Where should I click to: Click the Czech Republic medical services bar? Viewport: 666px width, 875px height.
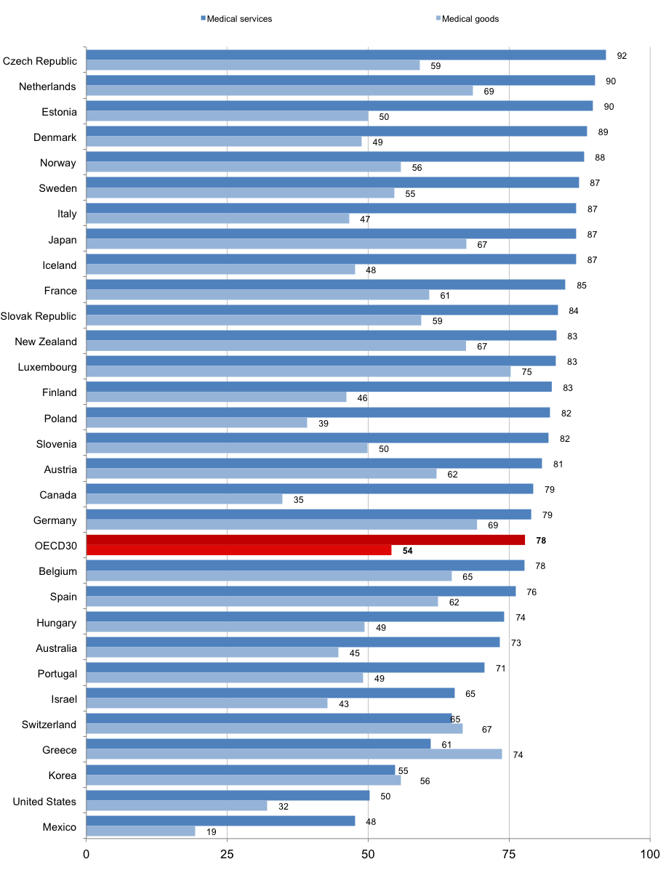tap(345, 55)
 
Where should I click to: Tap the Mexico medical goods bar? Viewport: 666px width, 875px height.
tap(140, 831)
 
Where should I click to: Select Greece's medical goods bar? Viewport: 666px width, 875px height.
tap(294, 754)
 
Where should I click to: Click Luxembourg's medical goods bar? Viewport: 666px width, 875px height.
tap(298, 371)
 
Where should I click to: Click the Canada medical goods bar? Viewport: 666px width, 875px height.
tap(184, 499)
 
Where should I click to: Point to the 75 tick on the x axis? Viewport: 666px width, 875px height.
tap(509, 853)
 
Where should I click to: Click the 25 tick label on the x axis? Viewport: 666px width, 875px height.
tap(227, 853)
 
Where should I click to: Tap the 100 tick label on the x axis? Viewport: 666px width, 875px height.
tap(649, 853)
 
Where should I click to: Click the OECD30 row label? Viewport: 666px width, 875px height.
tap(52, 546)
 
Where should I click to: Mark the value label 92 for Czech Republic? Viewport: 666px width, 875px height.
tap(622, 55)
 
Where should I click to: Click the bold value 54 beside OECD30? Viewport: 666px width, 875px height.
tap(408, 552)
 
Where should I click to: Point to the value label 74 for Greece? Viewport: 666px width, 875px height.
tap(518, 755)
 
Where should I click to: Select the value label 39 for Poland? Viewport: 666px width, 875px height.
tap(324, 423)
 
